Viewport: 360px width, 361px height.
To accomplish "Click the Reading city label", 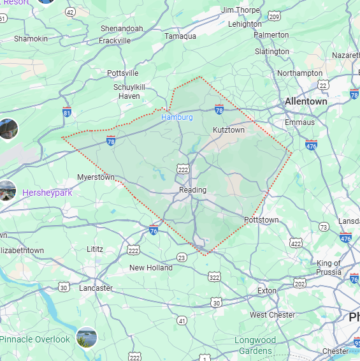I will point(192,190).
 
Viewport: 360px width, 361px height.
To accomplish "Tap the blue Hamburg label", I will point(176,117).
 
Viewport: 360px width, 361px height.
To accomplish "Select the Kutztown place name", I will point(228,130).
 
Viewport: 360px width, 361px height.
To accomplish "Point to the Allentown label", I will point(306,101).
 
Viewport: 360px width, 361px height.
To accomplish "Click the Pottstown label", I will point(261,220).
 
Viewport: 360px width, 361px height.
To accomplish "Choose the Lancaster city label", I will point(96,288).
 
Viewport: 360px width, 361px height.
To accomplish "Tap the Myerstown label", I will point(96,177).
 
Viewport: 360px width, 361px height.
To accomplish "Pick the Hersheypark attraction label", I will point(47,193).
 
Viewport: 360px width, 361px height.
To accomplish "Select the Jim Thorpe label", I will point(240,10).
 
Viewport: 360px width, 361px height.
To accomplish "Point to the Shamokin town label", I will point(31,39).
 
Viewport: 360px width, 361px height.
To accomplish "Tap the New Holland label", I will point(151,268).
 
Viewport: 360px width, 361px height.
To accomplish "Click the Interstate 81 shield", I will point(67,113).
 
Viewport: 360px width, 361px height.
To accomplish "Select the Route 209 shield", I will point(274,15).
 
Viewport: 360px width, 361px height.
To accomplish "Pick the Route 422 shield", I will point(296,243).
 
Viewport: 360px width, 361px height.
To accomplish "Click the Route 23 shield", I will point(182,258).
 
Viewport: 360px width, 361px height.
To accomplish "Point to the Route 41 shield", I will point(182,320).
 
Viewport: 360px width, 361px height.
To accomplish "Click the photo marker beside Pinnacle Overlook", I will point(86,337).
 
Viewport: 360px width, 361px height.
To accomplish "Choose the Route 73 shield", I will point(324,227).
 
